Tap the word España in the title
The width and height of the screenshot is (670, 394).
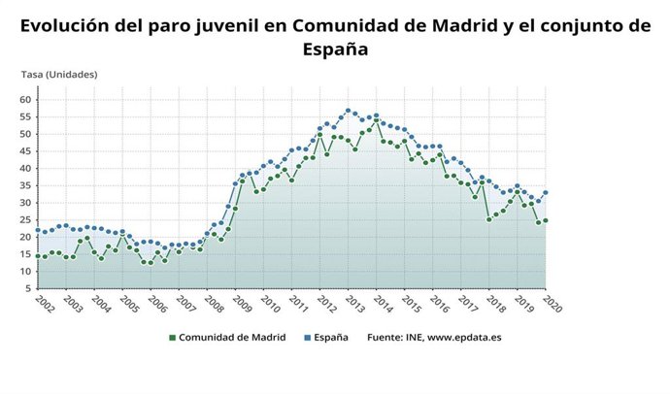(335, 49)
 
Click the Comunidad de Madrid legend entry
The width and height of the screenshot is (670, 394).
(225, 338)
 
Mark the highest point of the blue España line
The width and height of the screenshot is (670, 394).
(348, 111)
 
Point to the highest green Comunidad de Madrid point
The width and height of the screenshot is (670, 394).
(376, 121)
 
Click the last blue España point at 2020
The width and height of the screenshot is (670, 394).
(546, 192)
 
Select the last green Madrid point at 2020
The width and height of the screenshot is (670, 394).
(546, 220)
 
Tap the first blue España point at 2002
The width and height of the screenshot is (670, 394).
(38, 230)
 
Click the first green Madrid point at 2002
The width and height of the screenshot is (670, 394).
(38, 256)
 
